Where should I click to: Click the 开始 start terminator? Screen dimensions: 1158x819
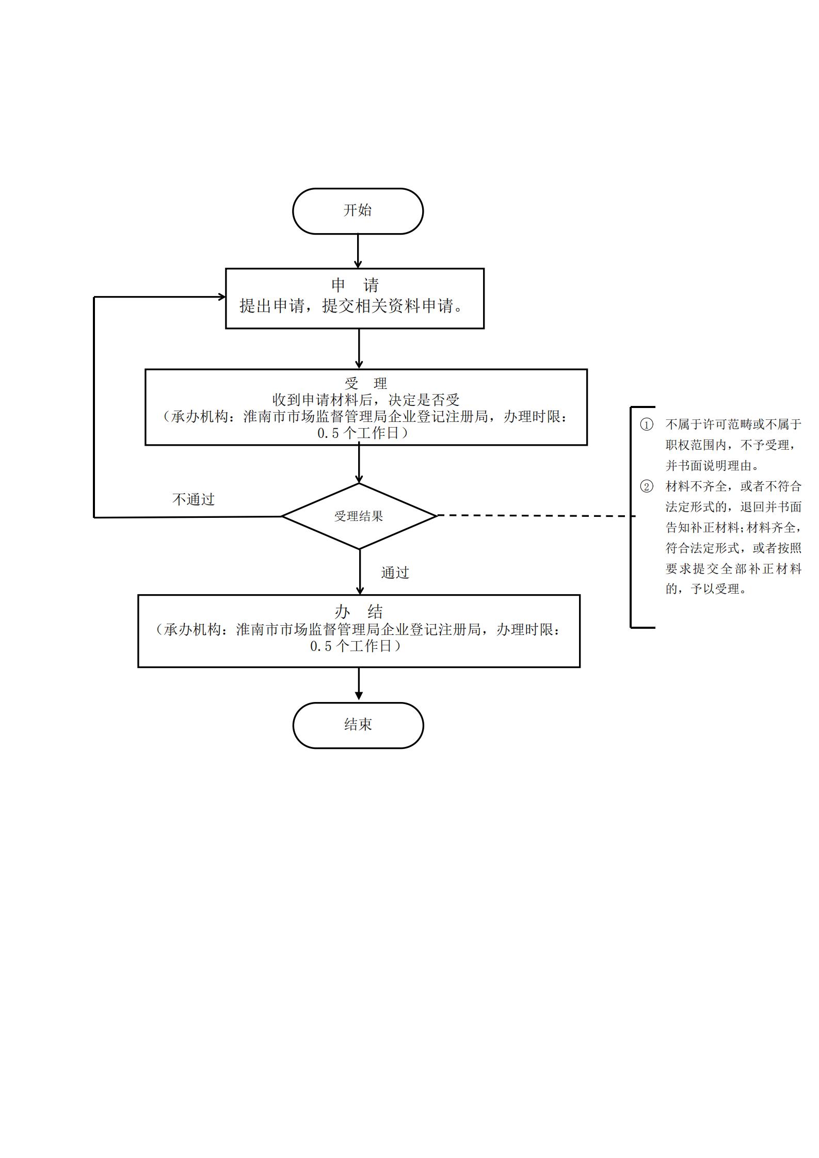pyautogui.click(x=358, y=211)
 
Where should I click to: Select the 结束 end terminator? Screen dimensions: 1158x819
pyautogui.click(x=358, y=725)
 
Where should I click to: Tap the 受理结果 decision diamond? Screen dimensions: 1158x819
pyautogui.click(x=359, y=516)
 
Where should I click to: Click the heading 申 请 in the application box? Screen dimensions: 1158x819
pyautogui.click(x=355, y=285)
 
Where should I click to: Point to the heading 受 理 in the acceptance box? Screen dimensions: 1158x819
pyautogui.click(x=366, y=383)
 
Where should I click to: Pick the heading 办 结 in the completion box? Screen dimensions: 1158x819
pyautogui.click(x=359, y=612)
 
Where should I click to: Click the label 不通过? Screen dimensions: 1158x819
pyautogui.click(x=194, y=499)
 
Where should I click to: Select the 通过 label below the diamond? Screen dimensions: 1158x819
pyautogui.click(x=395, y=573)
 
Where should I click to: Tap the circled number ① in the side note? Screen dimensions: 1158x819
pyautogui.click(x=646, y=425)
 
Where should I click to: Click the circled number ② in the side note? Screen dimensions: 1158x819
pyautogui.click(x=646, y=486)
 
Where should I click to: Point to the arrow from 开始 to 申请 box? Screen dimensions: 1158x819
pyautogui.click(x=358, y=251)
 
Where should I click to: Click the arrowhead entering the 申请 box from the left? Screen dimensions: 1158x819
pyautogui.click(x=222, y=297)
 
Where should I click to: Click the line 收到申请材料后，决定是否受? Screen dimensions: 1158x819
pyautogui.click(x=366, y=400)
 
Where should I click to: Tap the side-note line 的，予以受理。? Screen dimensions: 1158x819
pyautogui.click(x=706, y=589)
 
